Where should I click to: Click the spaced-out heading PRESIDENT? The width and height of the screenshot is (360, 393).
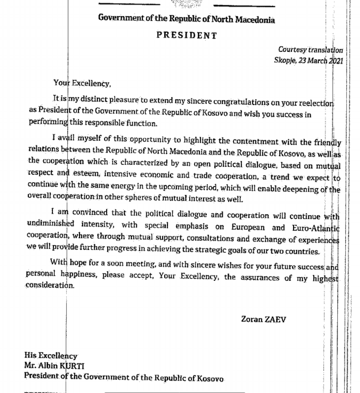click(187, 35)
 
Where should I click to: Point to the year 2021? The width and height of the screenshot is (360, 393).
click(335, 60)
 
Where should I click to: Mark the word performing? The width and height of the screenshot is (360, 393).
click(48, 123)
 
